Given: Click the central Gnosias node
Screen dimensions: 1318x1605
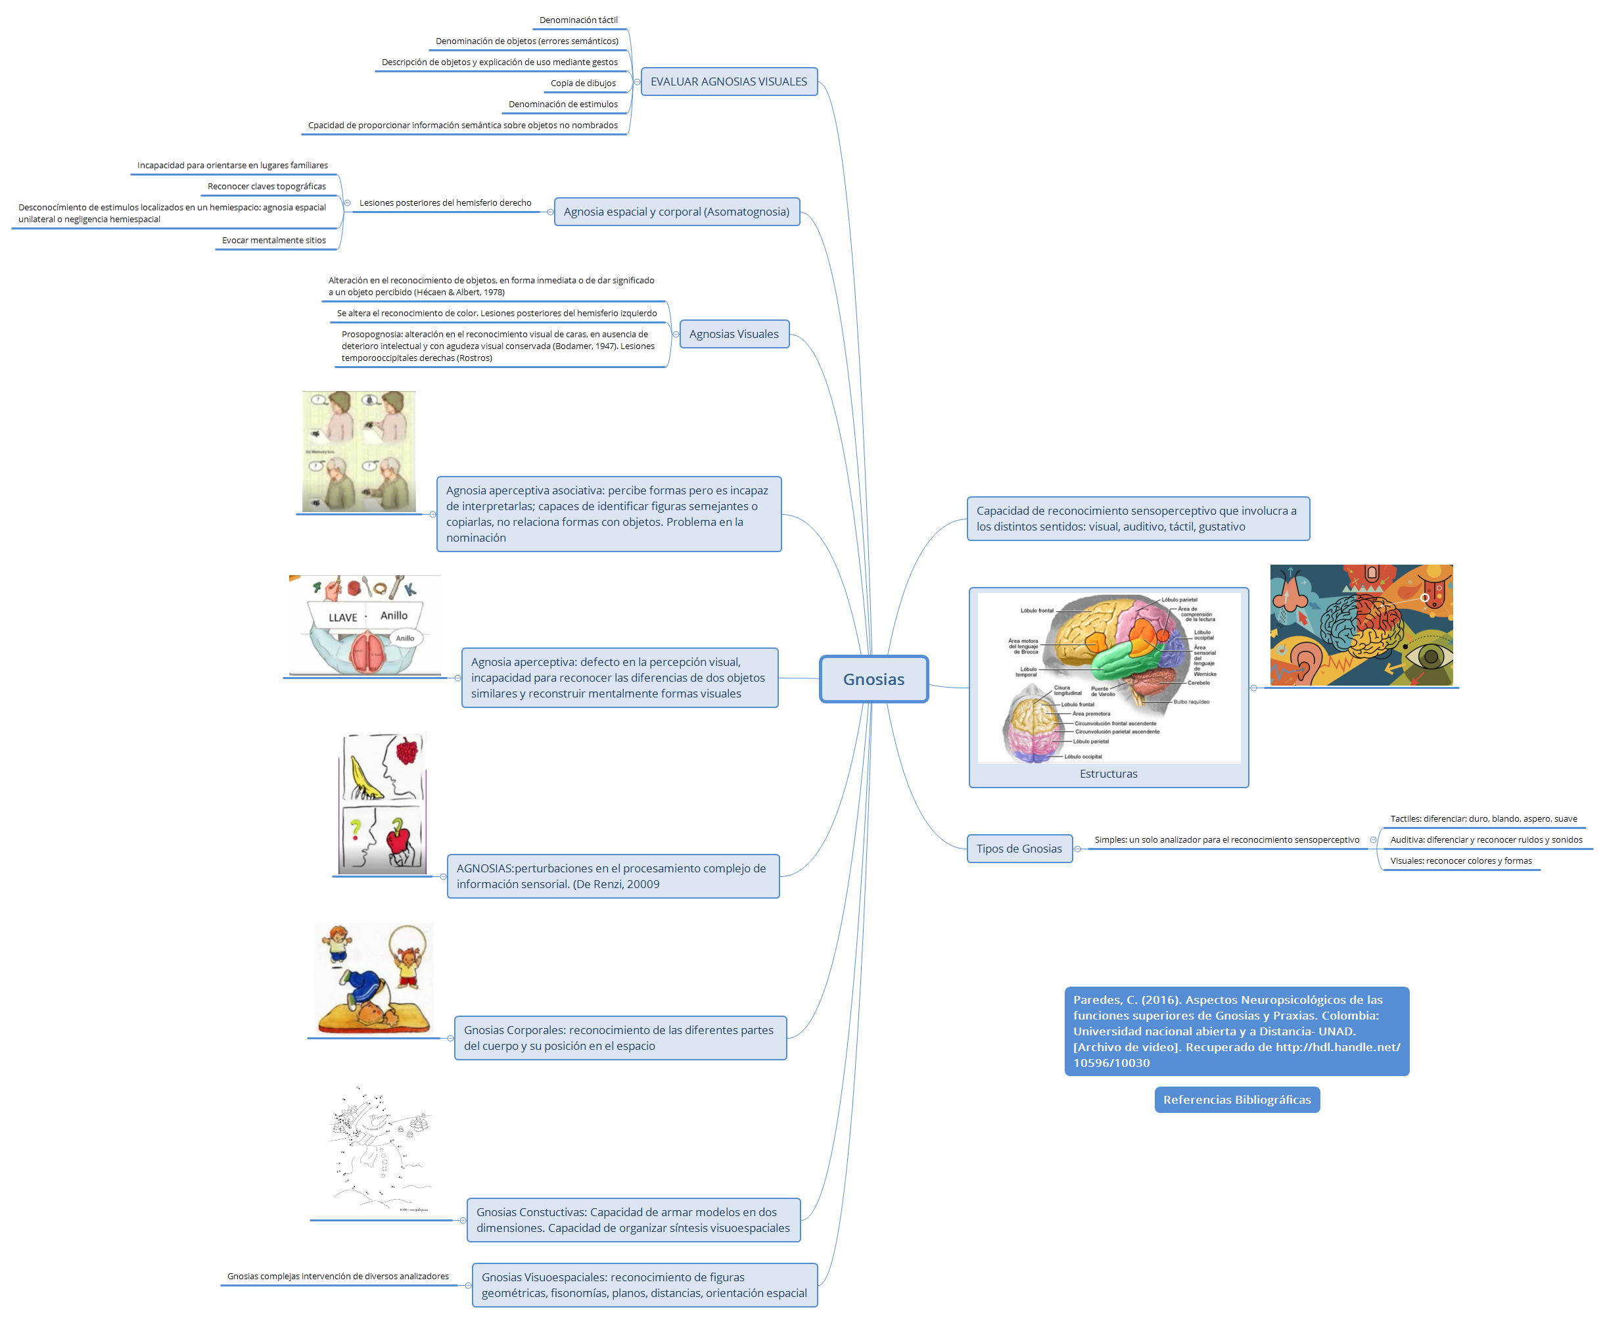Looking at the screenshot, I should (873, 679).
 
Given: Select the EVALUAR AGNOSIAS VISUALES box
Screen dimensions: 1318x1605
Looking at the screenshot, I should (728, 82).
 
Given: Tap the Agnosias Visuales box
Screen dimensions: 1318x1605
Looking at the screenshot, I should (733, 334).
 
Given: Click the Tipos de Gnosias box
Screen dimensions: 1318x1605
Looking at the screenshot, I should (1018, 849).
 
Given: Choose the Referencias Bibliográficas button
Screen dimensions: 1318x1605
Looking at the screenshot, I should (1236, 1099).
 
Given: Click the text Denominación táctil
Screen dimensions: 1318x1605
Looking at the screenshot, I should (578, 20).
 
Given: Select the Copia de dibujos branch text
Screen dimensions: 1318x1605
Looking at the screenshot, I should (582, 83).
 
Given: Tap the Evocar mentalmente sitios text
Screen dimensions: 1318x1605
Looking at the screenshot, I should (273, 241).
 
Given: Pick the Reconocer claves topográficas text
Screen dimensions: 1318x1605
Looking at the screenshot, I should (266, 187).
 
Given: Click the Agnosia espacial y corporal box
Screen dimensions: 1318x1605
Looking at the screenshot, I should (676, 212).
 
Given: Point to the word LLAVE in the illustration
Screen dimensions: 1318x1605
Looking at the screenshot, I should (342, 617).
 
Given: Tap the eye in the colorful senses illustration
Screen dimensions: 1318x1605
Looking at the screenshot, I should (1430, 657).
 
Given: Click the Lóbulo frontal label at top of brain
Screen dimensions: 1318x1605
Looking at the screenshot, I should (1036, 611).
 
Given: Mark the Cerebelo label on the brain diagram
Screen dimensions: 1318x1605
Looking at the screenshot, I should (1198, 682).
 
